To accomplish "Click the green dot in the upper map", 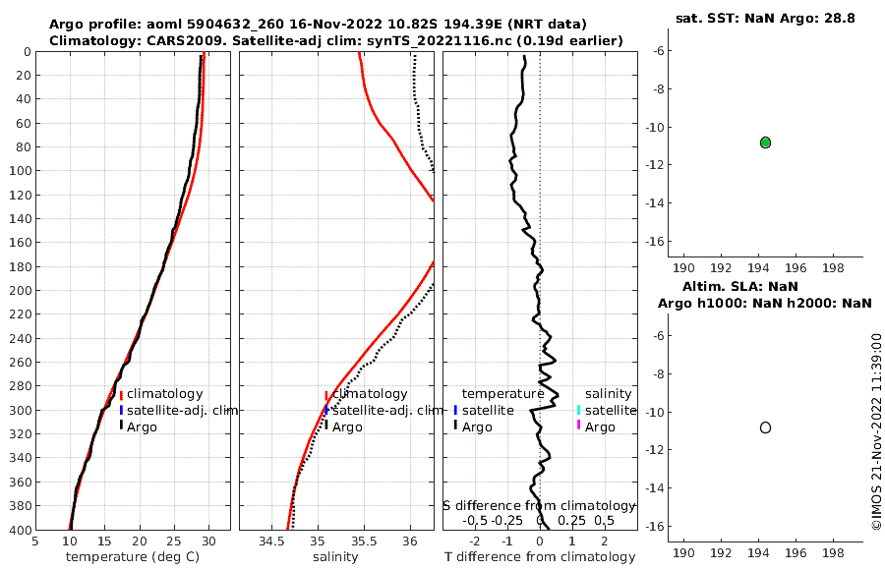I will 765,142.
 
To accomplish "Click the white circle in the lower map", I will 765,427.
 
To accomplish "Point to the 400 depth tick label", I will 19,530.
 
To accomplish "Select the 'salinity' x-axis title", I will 335,557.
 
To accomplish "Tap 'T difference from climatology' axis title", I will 539,557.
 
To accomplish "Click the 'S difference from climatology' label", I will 539,505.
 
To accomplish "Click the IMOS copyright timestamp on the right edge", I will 876,432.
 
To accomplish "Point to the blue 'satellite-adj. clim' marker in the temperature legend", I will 122,410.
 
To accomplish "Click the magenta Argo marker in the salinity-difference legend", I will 579,425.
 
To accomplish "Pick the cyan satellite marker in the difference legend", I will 579,410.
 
